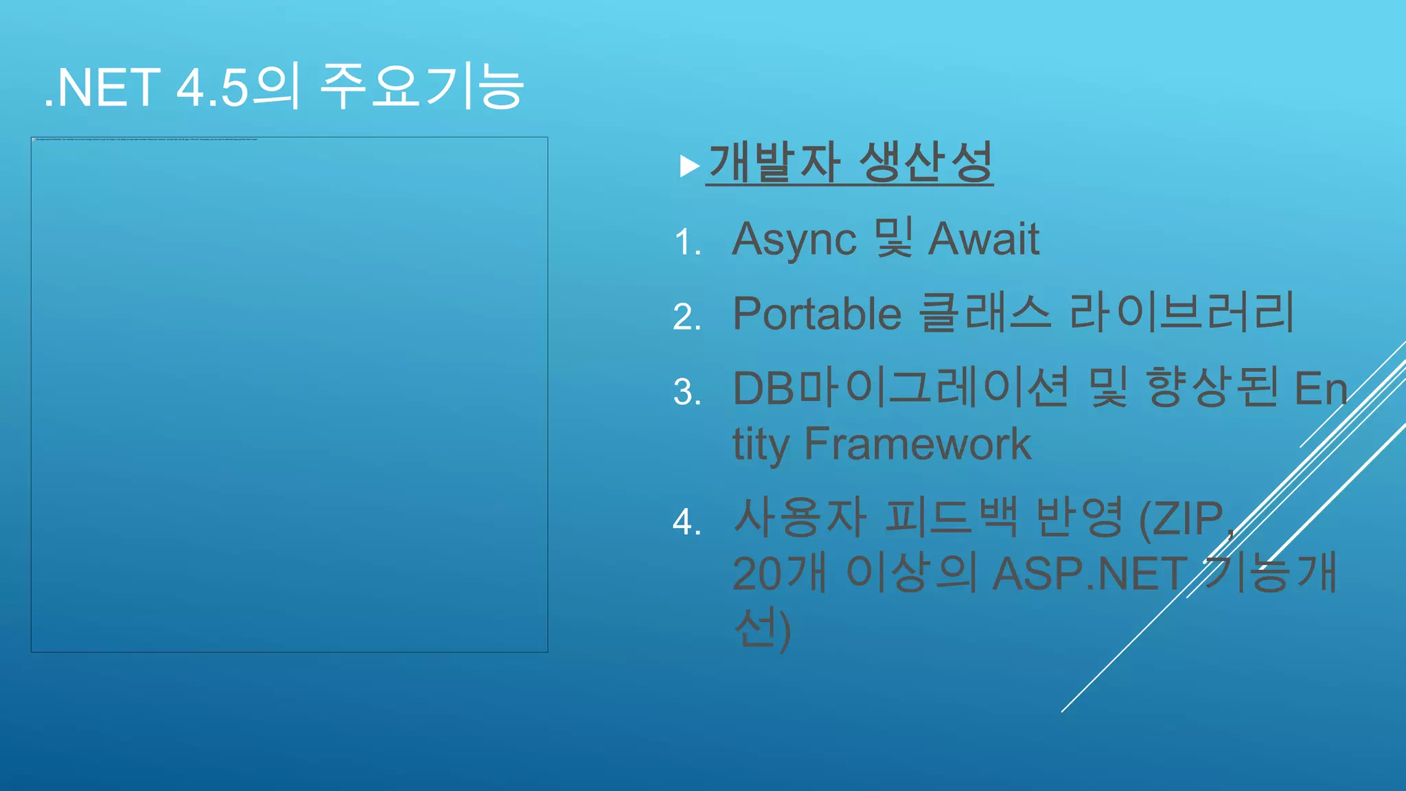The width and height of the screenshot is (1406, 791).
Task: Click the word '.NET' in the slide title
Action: [103, 88]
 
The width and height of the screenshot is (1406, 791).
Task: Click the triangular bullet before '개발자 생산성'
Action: [689, 166]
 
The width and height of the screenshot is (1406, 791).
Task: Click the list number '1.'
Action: [687, 242]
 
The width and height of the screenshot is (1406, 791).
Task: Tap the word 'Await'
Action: [984, 239]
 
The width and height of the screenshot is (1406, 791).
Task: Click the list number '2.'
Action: [687, 317]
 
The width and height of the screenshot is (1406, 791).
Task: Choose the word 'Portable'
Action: [817, 314]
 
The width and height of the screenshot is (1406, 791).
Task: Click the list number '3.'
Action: [687, 392]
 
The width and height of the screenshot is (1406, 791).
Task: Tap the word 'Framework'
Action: [917, 444]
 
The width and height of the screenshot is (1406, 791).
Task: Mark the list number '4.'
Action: [687, 522]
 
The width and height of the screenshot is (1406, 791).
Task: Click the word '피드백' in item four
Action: [951, 517]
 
